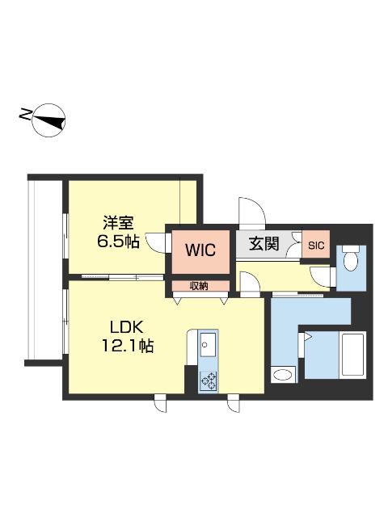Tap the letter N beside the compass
(23, 118)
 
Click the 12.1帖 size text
(127, 347)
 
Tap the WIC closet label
(199, 250)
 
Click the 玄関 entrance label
(264, 242)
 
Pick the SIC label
(315, 245)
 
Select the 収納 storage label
(199, 285)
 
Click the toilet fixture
(351, 261)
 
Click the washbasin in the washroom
(283, 375)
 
